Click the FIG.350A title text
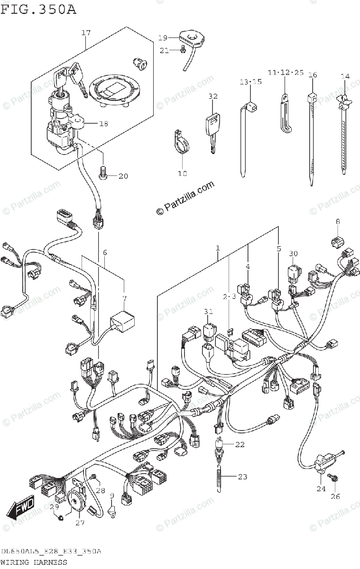point(38,9)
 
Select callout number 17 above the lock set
point(85,33)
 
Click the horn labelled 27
point(76,501)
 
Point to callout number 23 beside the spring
point(242,477)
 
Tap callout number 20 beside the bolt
point(123,176)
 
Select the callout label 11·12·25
point(285,72)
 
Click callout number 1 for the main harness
point(218,248)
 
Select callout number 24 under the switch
point(322,488)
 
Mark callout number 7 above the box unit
point(124,299)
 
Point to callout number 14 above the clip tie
point(345,76)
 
